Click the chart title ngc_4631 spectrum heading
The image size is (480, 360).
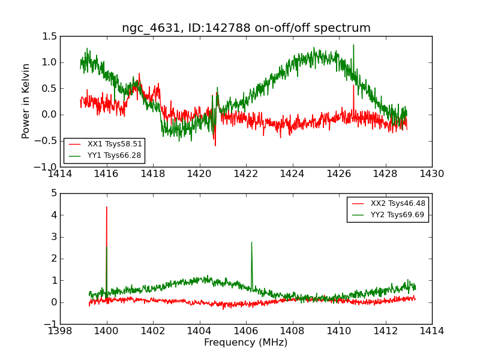(x=246, y=28)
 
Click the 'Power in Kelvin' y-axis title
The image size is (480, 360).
(x=26, y=101)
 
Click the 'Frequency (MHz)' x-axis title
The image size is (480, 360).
(x=245, y=343)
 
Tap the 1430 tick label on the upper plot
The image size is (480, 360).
(x=431, y=174)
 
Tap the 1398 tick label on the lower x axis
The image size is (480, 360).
(x=60, y=331)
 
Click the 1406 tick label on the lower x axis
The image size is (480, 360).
(x=246, y=331)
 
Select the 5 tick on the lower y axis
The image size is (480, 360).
(x=54, y=193)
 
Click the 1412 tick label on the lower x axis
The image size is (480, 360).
(x=385, y=331)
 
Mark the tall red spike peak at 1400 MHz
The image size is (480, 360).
(x=107, y=207)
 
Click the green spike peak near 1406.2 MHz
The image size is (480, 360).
(x=251, y=242)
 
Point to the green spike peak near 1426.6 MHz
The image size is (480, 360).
(x=353, y=45)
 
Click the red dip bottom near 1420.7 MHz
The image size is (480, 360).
(x=215, y=145)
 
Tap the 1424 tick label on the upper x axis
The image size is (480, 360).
(x=292, y=174)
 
